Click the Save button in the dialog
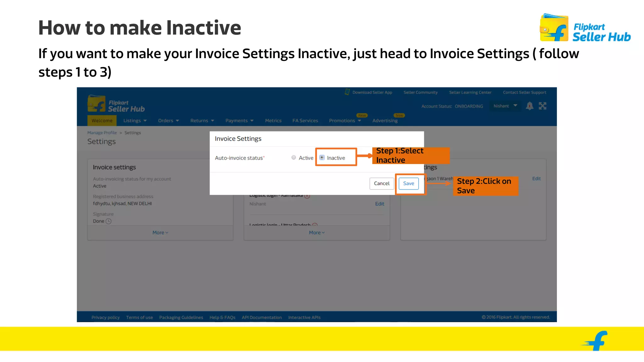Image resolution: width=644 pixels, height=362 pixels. [x=408, y=184]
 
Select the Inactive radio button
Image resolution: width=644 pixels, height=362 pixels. [x=322, y=158]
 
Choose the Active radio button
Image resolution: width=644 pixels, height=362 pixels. [x=294, y=158]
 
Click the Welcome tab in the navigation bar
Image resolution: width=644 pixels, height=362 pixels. [x=102, y=121]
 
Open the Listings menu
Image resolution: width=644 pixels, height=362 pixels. [x=135, y=121]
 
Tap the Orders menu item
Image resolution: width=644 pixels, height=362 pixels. [x=168, y=121]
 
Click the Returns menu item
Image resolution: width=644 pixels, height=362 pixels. [x=202, y=121]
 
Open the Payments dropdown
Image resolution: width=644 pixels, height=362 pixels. [x=239, y=121]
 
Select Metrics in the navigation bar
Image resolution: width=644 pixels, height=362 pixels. [x=273, y=121]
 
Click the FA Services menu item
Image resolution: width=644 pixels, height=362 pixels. [x=305, y=121]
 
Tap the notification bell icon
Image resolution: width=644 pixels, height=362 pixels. [x=530, y=106]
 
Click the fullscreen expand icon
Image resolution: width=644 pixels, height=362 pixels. [x=542, y=106]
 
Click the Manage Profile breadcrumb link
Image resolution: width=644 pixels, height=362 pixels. [x=102, y=133]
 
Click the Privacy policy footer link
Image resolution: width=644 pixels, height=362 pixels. [x=105, y=317]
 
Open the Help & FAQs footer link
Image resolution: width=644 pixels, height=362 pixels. [x=222, y=317]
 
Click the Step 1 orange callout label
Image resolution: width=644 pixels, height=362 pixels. [x=411, y=156]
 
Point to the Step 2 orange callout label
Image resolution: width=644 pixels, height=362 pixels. [x=485, y=186]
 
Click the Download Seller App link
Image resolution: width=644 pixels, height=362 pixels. [x=372, y=92]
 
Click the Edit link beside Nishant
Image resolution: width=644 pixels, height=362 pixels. [x=380, y=204]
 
